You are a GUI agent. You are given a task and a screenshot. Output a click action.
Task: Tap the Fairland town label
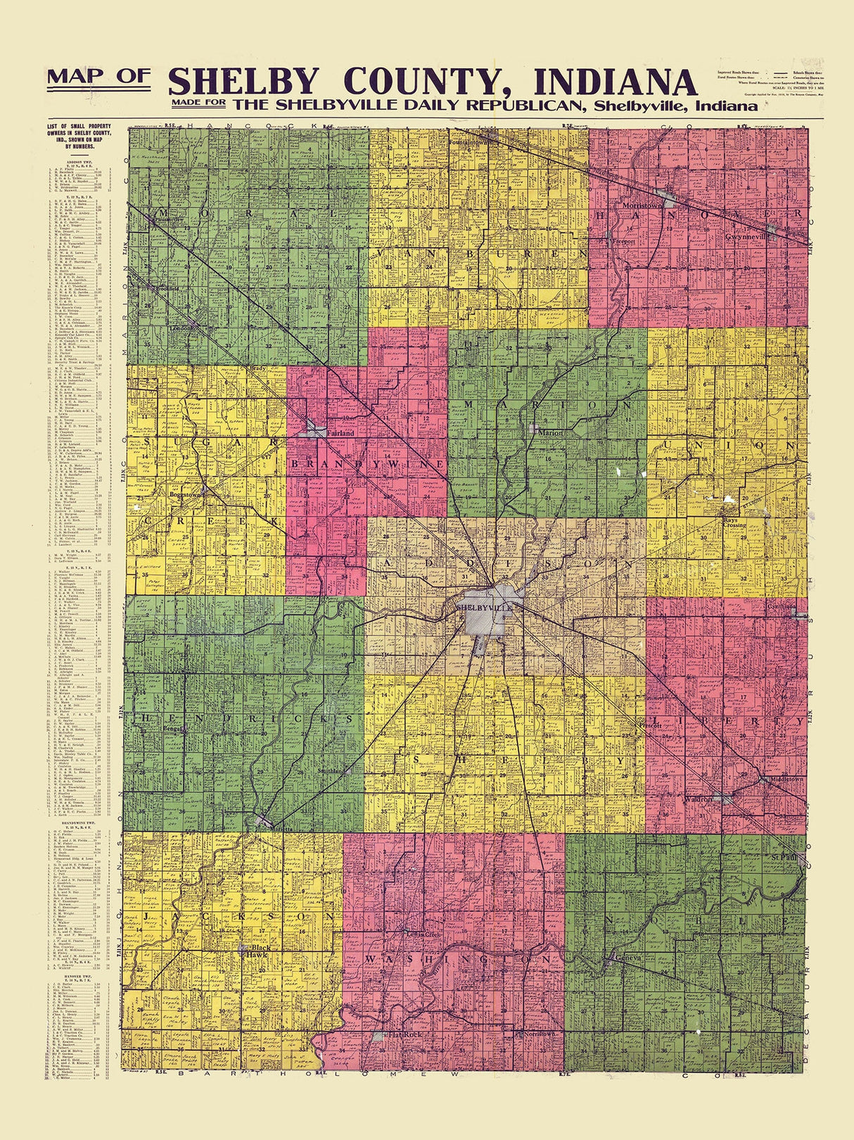(340, 434)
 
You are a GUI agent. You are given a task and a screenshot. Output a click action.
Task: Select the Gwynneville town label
(748, 237)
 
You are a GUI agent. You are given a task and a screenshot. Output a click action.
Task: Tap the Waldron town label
(698, 800)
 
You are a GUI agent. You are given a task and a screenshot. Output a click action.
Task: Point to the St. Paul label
(783, 858)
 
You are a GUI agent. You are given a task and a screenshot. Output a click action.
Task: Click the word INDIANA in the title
(615, 82)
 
